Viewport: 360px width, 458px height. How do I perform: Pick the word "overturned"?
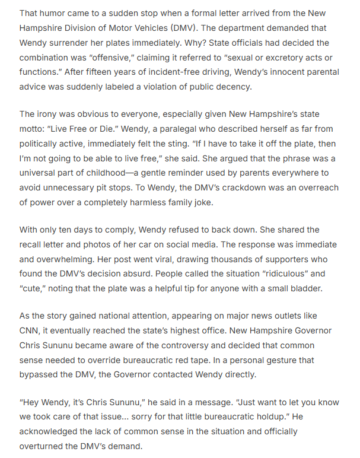click(x=43, y=446)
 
